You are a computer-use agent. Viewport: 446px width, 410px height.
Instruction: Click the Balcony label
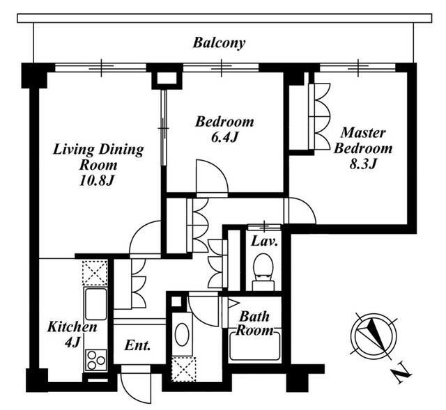click(x=219, y=43)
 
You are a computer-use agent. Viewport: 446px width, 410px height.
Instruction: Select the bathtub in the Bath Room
click(x=254, y=345)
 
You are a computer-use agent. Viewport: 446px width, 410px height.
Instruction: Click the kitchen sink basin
click(x=95, y=304)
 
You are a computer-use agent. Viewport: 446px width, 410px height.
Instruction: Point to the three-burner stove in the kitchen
click(x=95, y=361)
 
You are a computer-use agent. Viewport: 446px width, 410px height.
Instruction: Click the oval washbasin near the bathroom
click(x=181, y=335)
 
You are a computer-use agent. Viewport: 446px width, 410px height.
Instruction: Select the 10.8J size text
click(x=97, y=181)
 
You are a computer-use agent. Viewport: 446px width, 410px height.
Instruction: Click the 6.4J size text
click(x=224, y=138)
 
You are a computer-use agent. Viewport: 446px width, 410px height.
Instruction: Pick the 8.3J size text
click(x=363, y=164)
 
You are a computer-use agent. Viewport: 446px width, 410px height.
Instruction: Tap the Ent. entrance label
click(x=137, y=345)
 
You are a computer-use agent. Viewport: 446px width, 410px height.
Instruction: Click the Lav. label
click(x=264, y=242)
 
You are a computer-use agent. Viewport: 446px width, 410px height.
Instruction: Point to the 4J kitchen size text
click(x=72, y=342)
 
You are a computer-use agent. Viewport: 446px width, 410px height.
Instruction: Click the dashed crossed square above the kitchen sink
click(x=95, y=272)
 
